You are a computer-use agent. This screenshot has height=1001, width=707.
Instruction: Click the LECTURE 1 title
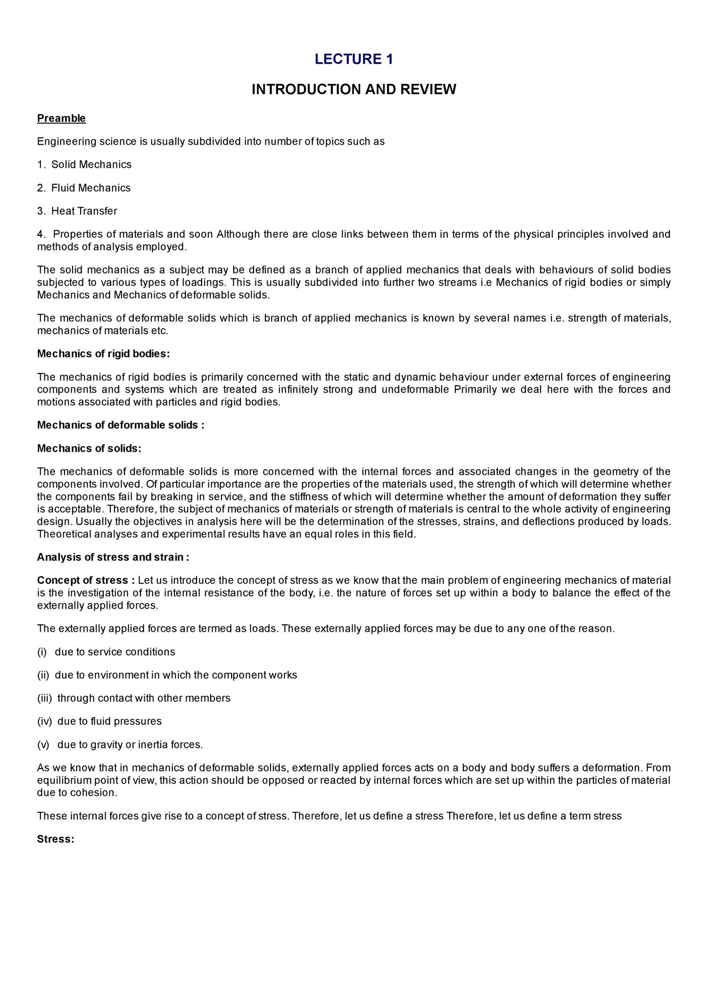[353, 59]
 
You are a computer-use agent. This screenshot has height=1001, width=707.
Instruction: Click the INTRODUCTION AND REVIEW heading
[353, 89]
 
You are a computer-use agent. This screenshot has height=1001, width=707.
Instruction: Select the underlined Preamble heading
[61, 118]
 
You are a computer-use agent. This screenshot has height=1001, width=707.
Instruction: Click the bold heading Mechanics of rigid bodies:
[103, 354]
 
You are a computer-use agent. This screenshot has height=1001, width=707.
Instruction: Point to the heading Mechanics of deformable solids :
[121, 425]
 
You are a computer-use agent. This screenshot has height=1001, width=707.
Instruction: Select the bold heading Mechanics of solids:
[89, 448]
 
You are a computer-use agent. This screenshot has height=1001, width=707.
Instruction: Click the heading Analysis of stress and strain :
[113, 557]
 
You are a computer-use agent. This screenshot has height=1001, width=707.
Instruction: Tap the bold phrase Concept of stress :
[86, 580]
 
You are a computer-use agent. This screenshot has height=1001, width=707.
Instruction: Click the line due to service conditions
[115, 652]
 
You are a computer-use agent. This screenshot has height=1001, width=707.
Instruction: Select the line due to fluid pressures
[109, 721]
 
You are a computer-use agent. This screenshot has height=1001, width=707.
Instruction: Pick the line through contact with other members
[144, 698]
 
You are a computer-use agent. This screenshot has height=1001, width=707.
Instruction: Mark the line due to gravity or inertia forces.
[130, 745]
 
